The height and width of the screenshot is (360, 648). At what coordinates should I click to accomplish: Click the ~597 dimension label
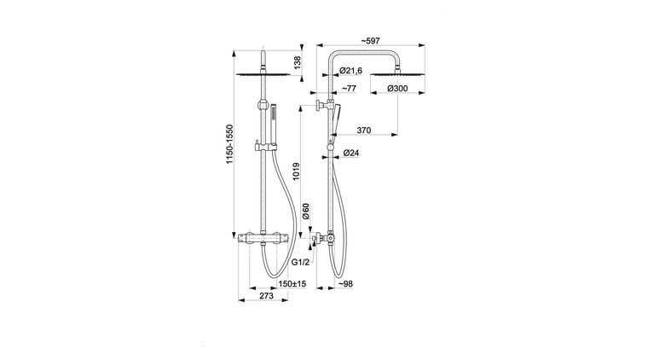point(370,40)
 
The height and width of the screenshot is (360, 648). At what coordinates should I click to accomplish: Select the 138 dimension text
point(297,62)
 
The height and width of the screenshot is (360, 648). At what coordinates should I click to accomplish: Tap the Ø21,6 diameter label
point(350,71)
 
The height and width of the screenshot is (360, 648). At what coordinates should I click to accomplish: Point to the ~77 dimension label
point(349,88)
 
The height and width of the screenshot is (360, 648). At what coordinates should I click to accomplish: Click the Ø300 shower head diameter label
point(397,88)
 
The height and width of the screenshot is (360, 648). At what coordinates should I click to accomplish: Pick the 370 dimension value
point(364,131)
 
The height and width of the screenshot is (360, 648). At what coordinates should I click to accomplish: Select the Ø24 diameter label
point(351,153)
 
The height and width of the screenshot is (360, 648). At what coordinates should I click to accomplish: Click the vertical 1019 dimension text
point(297,171)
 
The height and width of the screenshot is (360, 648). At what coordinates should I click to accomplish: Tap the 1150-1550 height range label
point(229,144)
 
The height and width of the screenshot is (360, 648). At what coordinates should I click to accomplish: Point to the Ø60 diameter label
point(306,211)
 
